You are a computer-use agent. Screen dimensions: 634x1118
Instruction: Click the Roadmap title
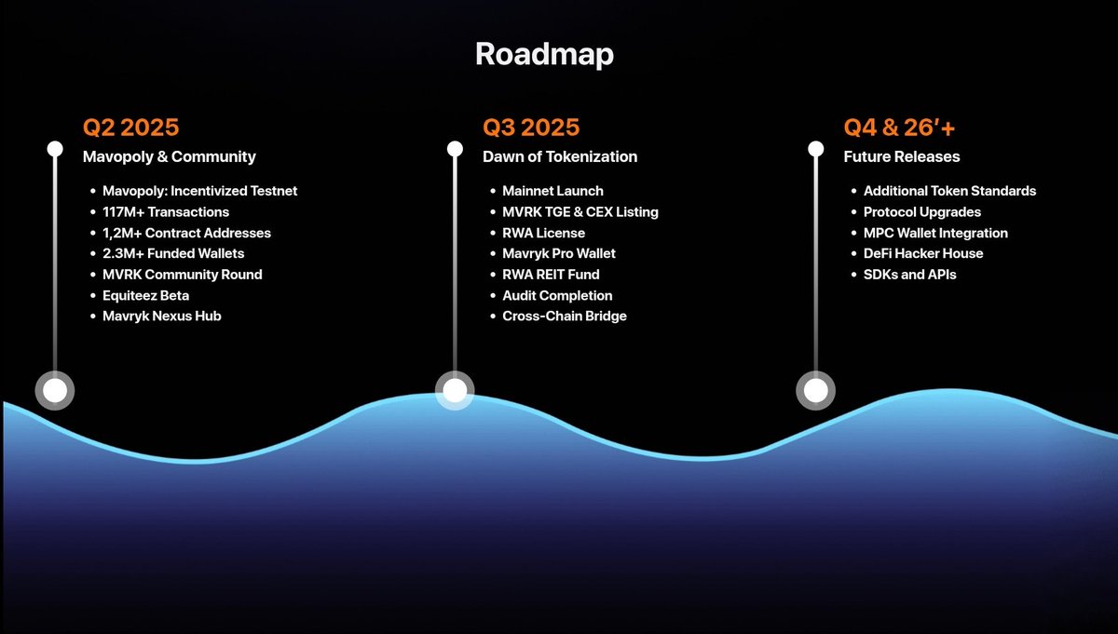(544, 54)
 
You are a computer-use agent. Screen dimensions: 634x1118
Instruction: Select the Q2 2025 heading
(130, 127)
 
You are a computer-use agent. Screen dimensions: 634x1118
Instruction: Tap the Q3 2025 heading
(531, 127)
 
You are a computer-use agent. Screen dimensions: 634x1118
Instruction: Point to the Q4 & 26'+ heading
(899, 127)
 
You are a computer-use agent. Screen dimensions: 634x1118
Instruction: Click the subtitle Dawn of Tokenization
(560, 156)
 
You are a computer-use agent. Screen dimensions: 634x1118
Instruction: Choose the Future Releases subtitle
(902, 156)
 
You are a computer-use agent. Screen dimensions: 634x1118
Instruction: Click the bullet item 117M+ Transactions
(166, 211)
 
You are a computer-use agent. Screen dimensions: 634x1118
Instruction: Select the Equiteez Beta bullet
(145, 295)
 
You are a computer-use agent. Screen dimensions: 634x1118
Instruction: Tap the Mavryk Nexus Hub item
(162, 316)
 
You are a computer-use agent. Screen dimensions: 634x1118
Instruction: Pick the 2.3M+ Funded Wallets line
(173, 253)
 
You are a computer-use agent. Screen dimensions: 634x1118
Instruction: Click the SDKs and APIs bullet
(909, 275)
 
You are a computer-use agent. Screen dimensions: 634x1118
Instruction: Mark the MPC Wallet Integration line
(935, 233)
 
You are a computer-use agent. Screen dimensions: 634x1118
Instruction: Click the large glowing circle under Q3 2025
(455, 390)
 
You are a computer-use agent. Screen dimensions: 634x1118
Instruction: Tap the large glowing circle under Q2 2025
(55, 390)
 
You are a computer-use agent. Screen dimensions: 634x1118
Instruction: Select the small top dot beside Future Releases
(816, 149)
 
